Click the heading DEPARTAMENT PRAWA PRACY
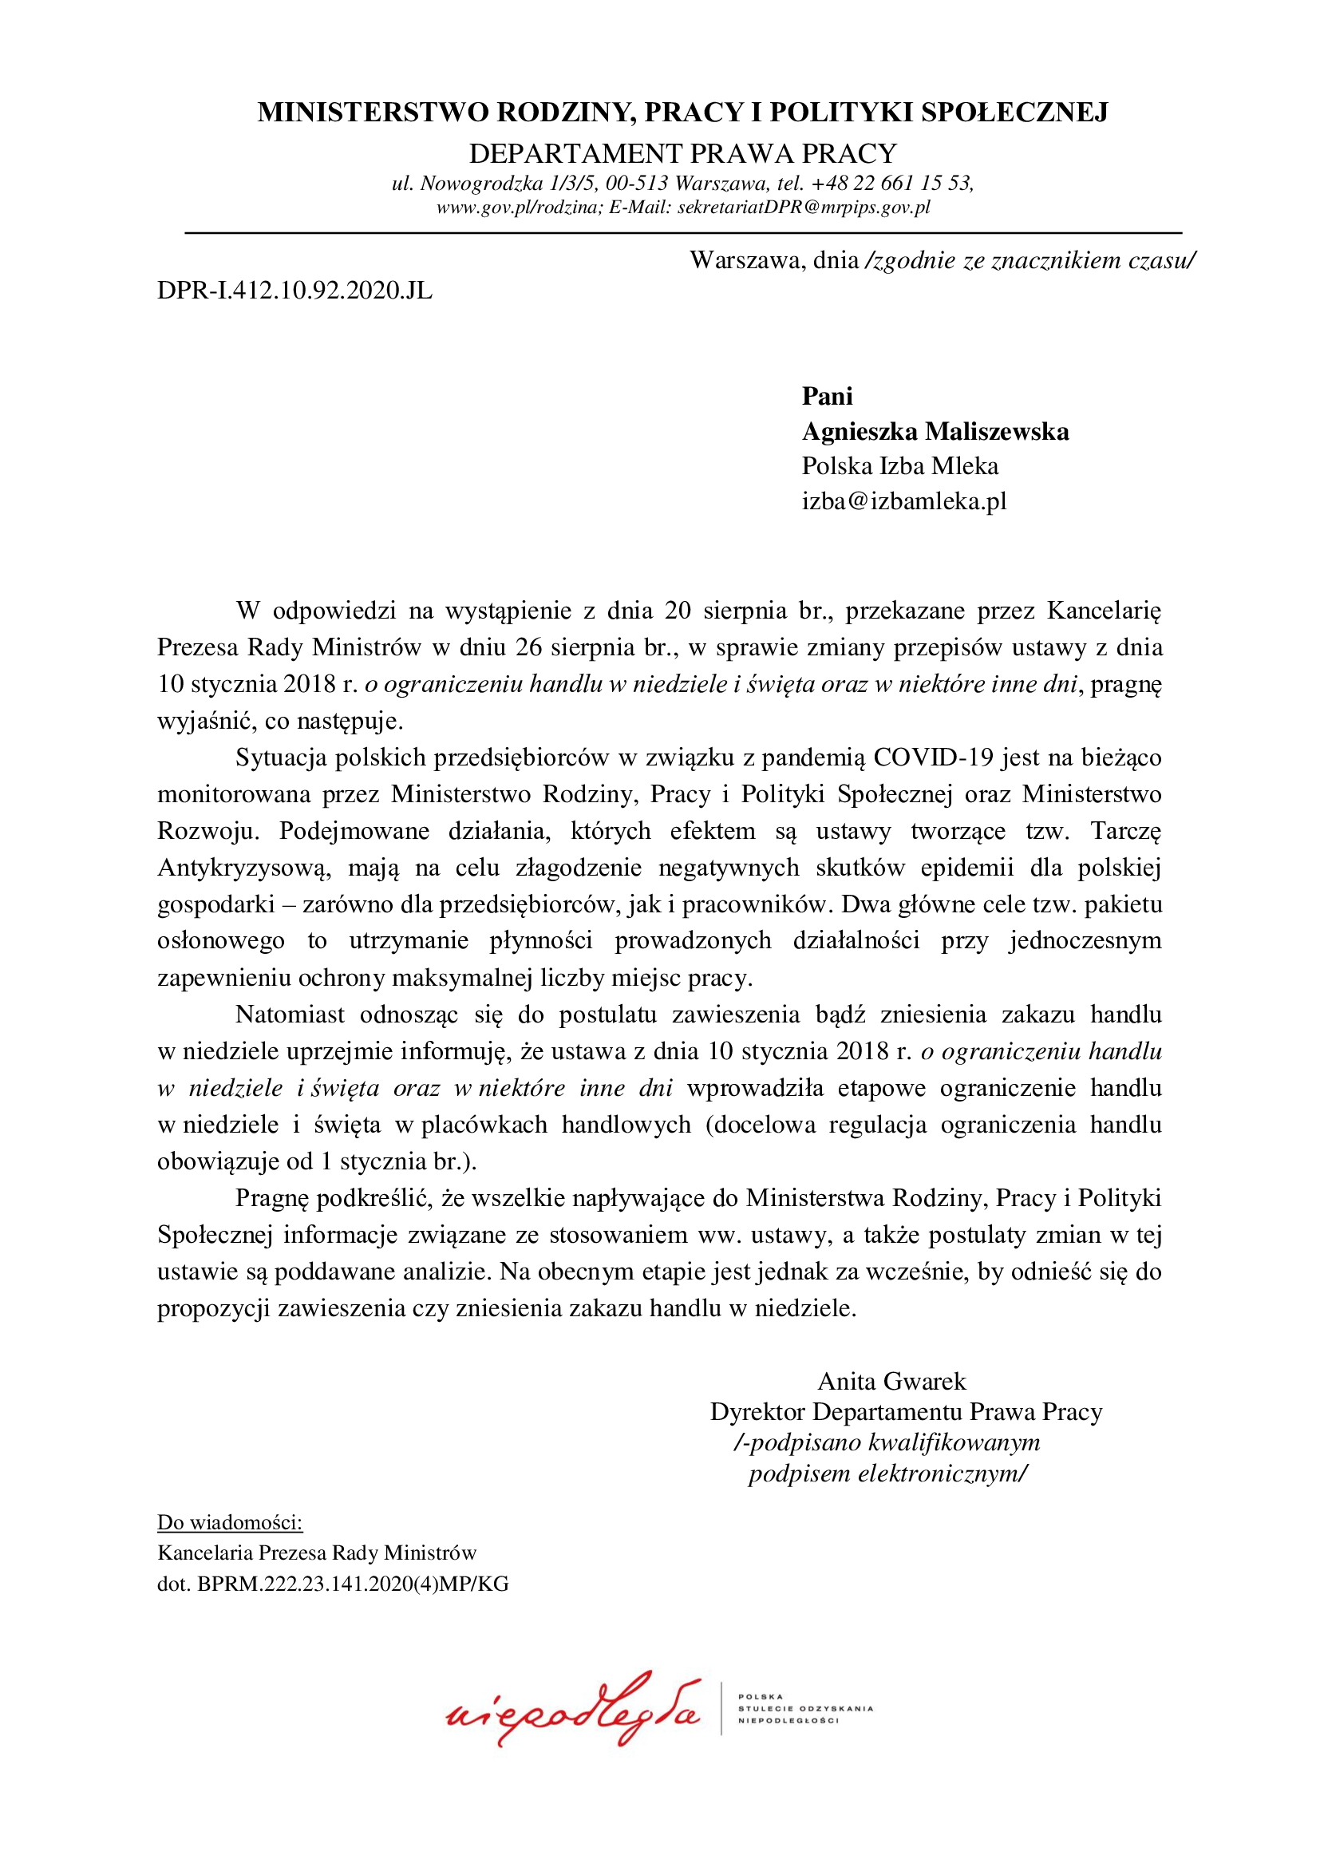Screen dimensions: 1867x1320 pyautogui.click(x=683, y=154)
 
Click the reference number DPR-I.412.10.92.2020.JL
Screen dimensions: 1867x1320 pyautogui.click(x=294, y=291)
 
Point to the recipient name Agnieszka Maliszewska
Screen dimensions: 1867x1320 pyautogui.click(x=935, y=431)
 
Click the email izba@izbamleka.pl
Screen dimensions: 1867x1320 pyautogui.click(x=904, y=501)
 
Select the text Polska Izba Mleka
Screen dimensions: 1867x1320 pyautogui.click(x=899, y=466)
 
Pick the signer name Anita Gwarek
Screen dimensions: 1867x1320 pyautogui.click(x=891, y=1381)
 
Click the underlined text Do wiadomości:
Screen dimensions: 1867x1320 pyautogui.click(x=229, y=1522)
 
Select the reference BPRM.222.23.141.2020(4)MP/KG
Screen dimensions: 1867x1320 pyautogui.click(x=353, y=1583)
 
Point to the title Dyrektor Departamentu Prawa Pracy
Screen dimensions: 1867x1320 pyautogui.click(x=906, y=1412)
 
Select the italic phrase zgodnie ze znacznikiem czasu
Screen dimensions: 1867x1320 pyautogui.click(x=1030, y=260)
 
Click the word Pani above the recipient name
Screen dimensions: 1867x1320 pyautogui.click(x=827, y=396)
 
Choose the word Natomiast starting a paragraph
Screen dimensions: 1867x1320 pyautogui.click(x=290, y=1014)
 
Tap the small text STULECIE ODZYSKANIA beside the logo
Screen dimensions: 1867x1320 pyautogui.click(x=804, y=1708)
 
